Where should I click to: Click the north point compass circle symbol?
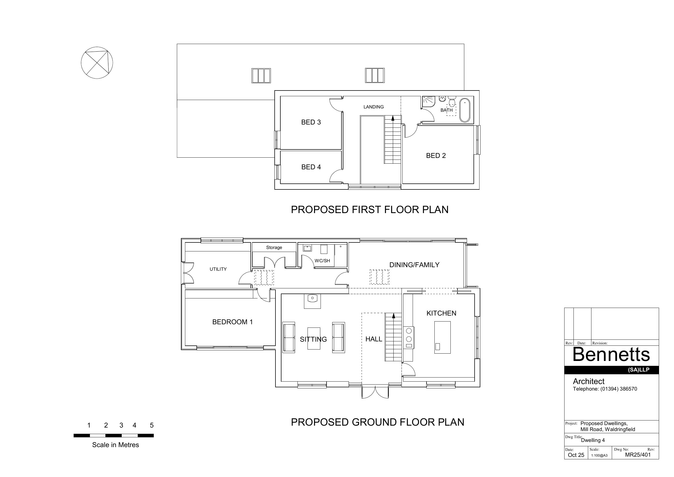pos(97,47)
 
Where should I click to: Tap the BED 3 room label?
pos(311,122)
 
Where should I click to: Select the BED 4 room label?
pos(311,167)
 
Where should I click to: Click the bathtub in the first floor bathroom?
pos(465,110)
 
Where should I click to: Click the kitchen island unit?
pos(442,337)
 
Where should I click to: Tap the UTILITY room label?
pos(218,269)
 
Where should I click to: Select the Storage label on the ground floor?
pos(274,248)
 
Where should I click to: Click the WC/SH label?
pos(322,261)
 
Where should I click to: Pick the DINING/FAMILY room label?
pos(414,265)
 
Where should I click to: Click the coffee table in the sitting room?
pos(314,338)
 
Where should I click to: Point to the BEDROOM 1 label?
pos(232,322)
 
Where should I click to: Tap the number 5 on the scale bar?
pos(152,425)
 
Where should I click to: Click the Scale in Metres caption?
pos(115,445)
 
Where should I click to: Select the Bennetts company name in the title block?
pos(611,354)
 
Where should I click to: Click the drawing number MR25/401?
pos(638,455)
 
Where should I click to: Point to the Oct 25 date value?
pos(576,455)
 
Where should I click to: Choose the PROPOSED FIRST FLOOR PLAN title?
pos(369,210)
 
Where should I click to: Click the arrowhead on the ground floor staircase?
pos(393,316)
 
